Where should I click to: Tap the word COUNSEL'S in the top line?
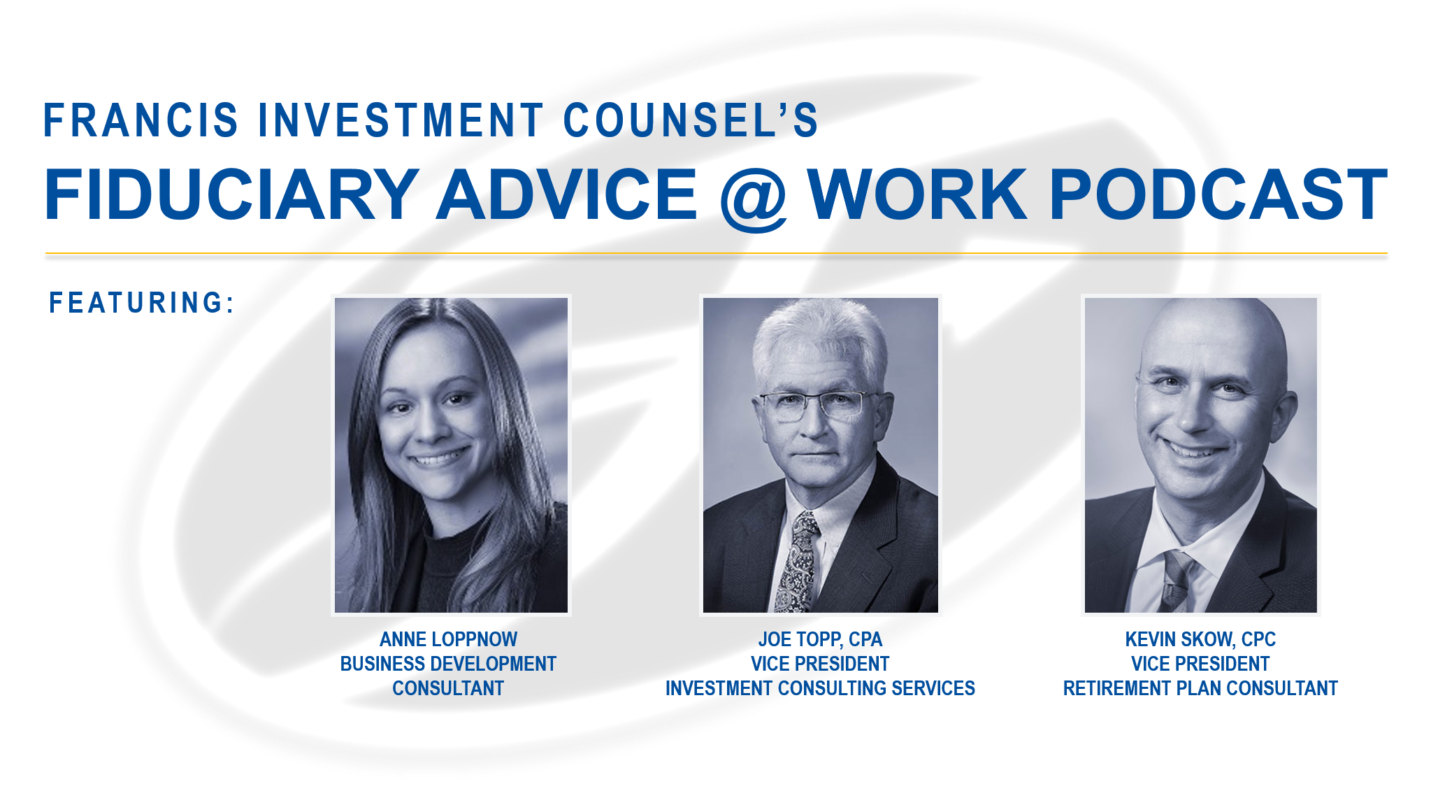pos(691,120)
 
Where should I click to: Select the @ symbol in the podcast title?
pos(754,198)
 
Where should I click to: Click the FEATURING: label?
pos(142,303)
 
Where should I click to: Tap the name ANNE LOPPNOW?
pos(448,639)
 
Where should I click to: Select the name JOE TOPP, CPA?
pos(820,639)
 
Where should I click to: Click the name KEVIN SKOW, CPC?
pos(1200,639)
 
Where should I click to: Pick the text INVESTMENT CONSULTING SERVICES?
pos(820,688)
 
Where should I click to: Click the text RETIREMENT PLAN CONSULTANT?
pos(1200,688)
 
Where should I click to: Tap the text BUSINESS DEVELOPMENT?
pos(448,664)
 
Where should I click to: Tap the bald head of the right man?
pos(1213,336)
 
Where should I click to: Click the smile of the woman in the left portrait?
pos(438,458)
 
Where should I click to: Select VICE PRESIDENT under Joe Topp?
pos(820,664)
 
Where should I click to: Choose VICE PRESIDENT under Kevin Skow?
pos(1200,664)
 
